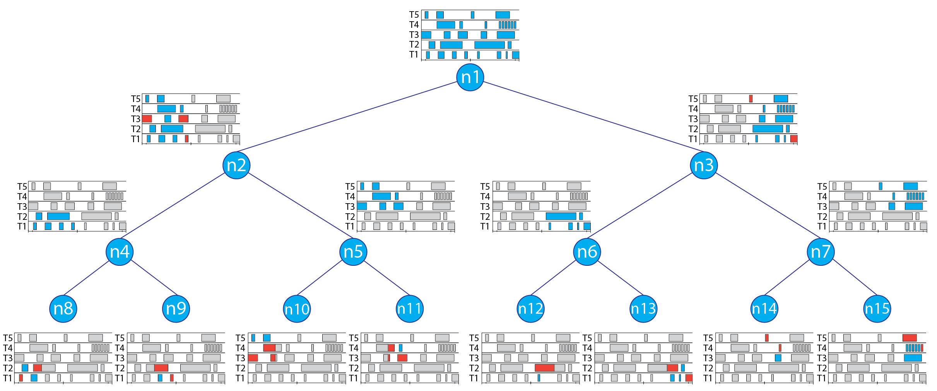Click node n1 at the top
pos(470,77)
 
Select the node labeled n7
pos(821,252)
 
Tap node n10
pos(297,309)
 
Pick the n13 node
pos(643,309)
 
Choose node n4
pos(120,252)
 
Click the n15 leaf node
pos(877,309)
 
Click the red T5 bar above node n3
pos(751,99)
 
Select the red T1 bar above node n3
pos(794,139)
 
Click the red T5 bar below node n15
pos(910,338)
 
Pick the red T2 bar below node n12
pos(544,368)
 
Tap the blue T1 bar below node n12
pos(539,378)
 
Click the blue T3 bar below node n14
pos(778,358)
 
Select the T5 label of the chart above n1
pos(414,15)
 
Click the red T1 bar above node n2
pos(186,139)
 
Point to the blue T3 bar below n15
pos(913,358)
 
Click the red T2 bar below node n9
pos(161,368)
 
